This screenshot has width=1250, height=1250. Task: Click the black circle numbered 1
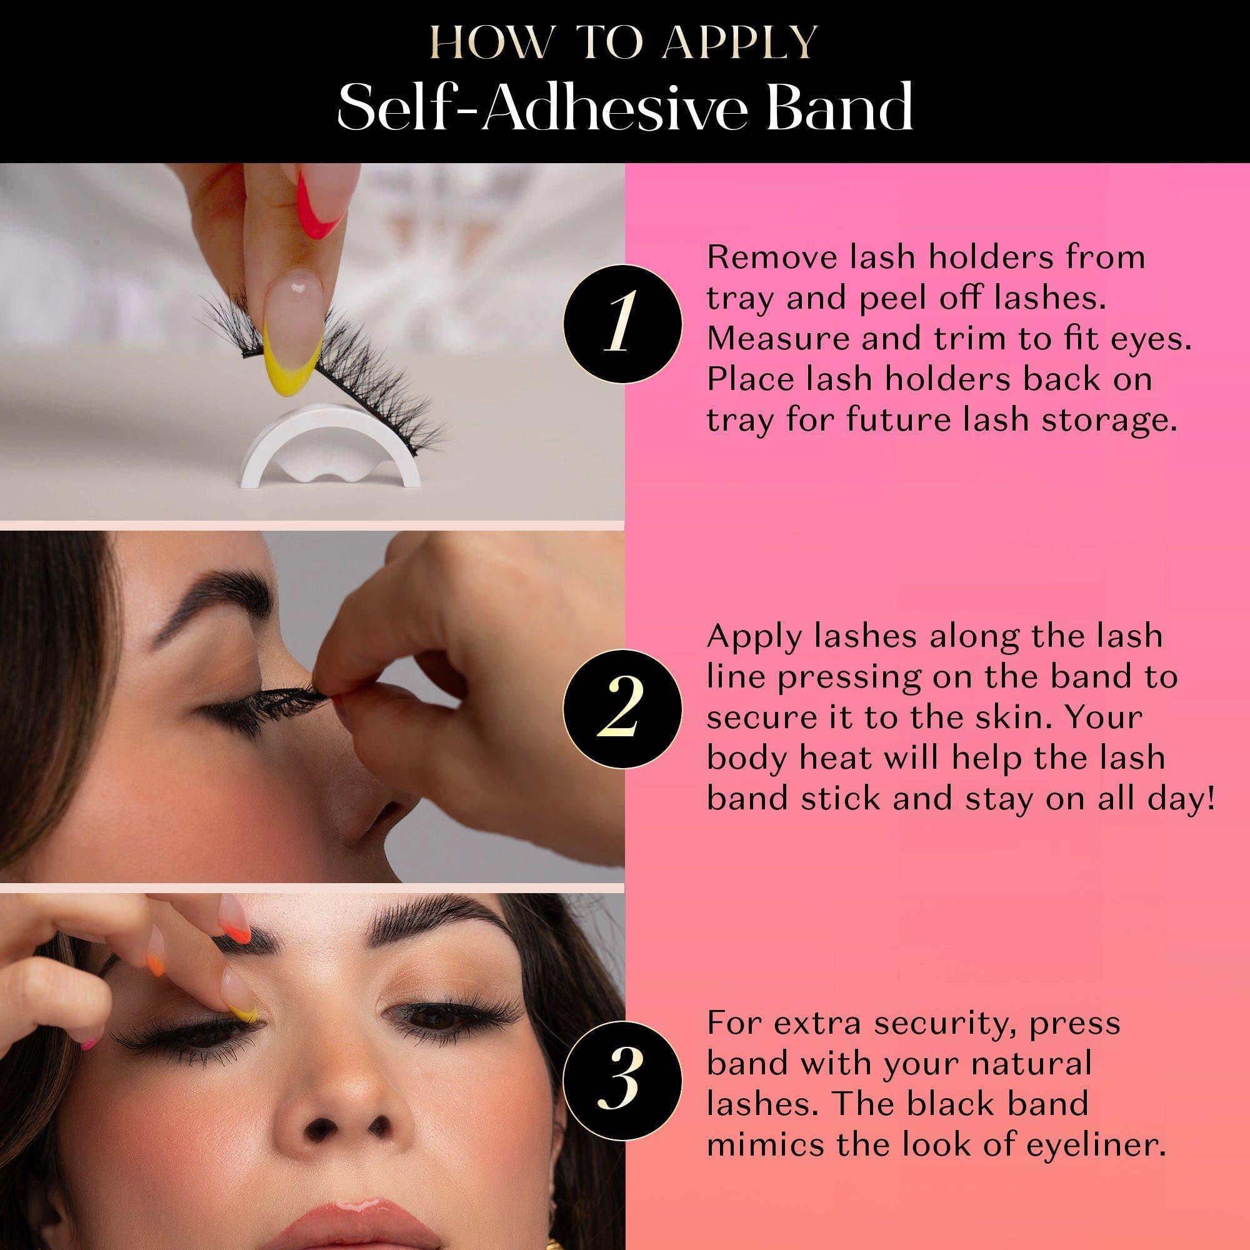tap(622, 323)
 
